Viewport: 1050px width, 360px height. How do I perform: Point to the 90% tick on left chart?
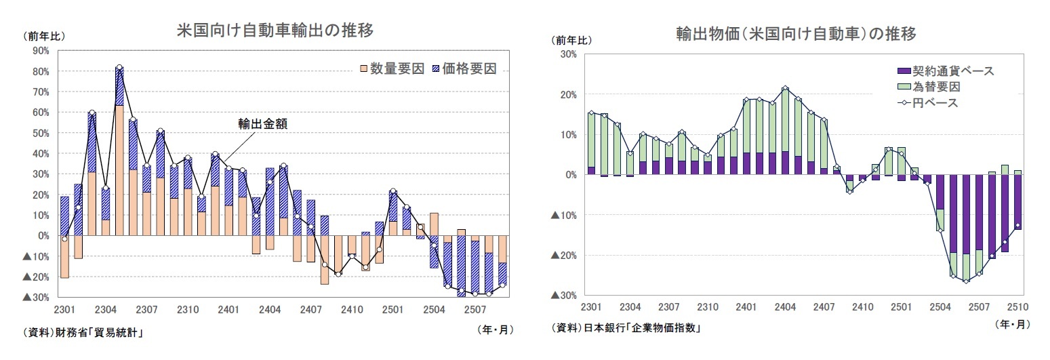point(39,50)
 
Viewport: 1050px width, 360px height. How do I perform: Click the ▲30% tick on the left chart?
point(36,297)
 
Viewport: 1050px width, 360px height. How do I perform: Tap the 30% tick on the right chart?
point(566,54)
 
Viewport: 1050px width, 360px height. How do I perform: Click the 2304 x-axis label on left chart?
point(105,310)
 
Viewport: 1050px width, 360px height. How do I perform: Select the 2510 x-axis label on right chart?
point(1017,307)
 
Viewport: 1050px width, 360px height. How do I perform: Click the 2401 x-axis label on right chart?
point(746,307)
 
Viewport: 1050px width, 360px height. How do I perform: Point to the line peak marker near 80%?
point(119,67)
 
